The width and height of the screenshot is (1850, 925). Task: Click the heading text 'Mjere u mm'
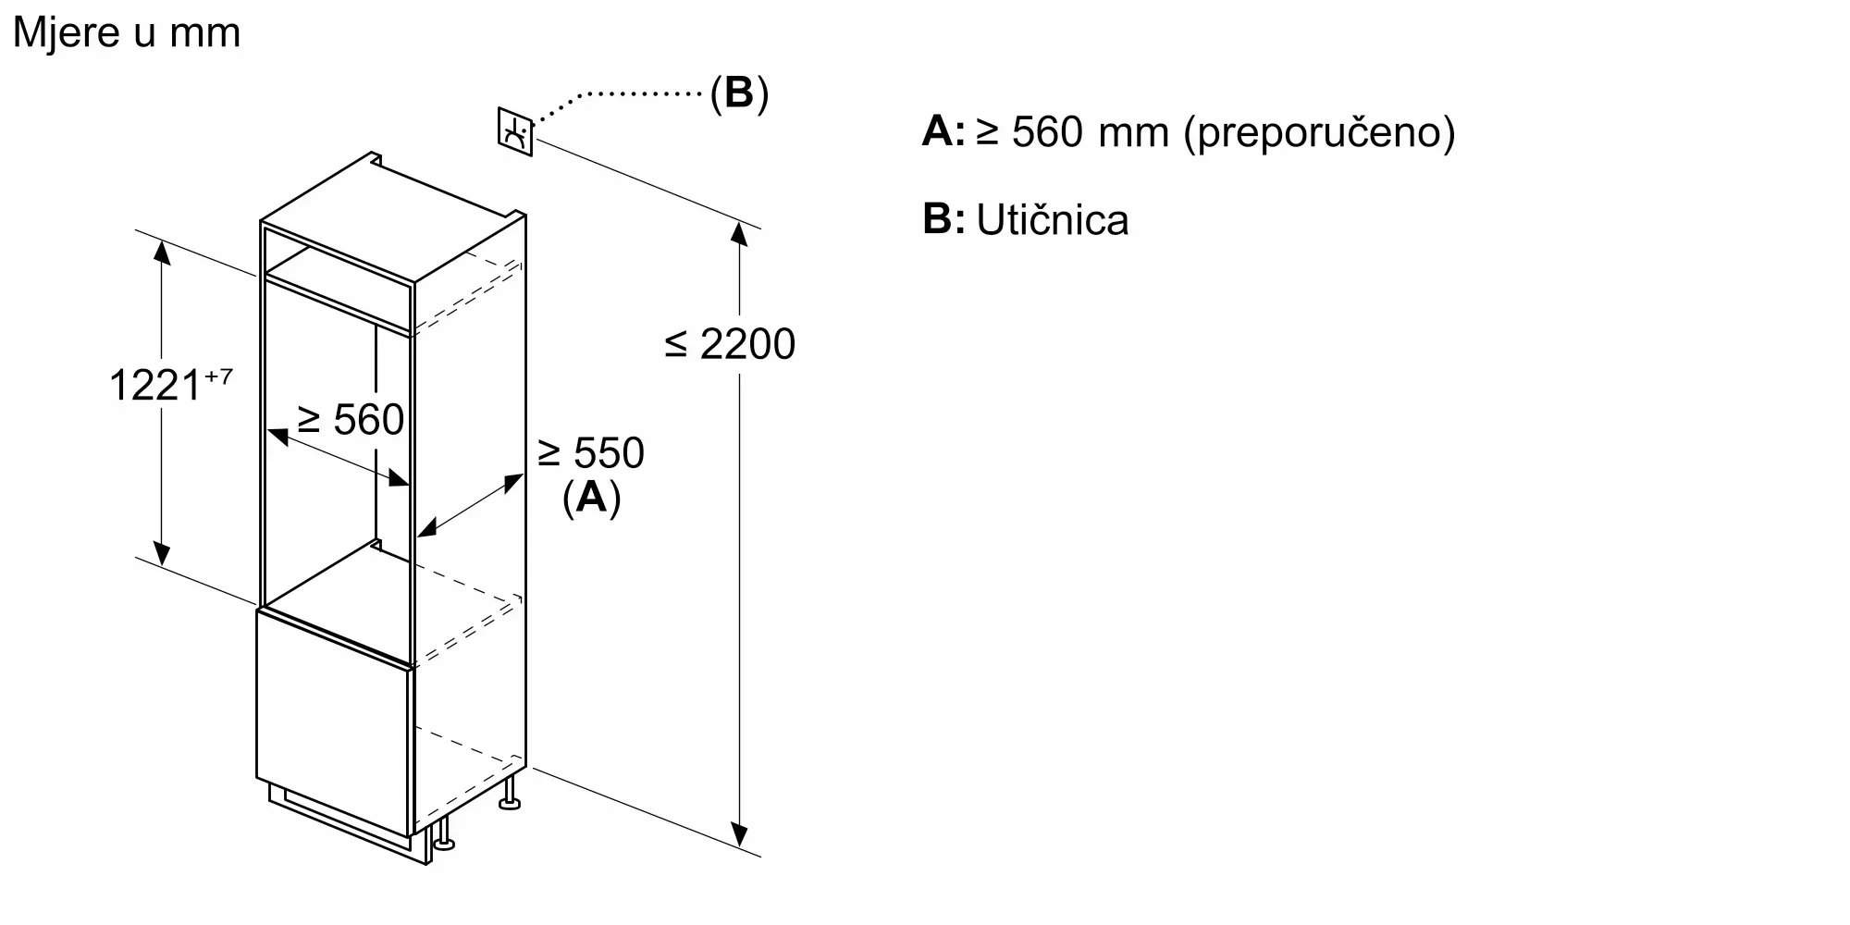point(127,33)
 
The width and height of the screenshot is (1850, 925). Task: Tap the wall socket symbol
point(515,132)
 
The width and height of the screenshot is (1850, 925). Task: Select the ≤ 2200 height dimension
point(730,344)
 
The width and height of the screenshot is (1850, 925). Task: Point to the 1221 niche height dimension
point(154,385)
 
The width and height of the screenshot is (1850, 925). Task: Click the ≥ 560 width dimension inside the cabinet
point(351,420)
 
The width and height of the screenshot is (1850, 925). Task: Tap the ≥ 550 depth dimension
point(591,453)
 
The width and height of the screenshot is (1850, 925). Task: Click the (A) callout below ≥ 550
point(591,498)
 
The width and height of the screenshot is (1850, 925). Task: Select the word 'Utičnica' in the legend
point(1053,221)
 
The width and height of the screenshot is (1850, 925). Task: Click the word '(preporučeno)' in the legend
point(1320,133)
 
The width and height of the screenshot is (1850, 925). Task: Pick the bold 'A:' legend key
point(943,132)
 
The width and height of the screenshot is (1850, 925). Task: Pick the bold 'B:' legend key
point(943,220)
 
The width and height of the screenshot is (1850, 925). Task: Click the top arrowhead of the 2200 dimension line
point(738,233)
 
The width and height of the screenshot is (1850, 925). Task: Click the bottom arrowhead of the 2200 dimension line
point(739,834)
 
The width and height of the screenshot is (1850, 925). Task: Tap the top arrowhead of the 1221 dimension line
point(162,252)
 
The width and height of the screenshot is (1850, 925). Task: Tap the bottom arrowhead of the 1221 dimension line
point(162,553)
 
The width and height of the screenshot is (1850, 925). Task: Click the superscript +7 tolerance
point(218,376)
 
